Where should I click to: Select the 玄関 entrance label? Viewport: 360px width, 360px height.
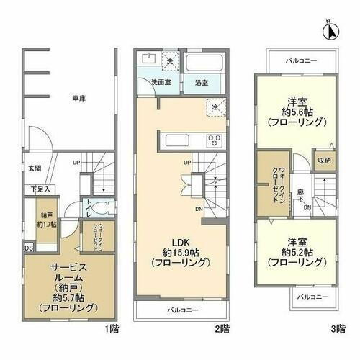point(35,168)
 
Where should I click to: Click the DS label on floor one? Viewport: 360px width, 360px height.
point(28,248)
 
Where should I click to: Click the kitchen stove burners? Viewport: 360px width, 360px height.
point(214,139)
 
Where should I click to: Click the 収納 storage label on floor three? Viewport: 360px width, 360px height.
point(323,161)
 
